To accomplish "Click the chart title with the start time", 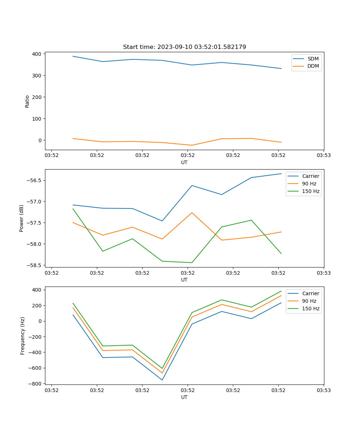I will [x=184, y=47].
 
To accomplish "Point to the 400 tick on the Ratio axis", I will [x=38, y=54].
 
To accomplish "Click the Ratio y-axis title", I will [x=27, y=101].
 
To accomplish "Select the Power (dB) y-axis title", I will [x=22, y=218].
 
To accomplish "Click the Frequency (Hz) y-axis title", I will [x=23, y=336].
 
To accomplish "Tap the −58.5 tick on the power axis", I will [x=35, y=265].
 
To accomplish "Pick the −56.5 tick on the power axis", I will [x=35, y=180].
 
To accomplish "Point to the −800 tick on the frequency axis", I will [x=36, y=384].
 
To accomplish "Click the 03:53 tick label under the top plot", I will [x=324, y=156].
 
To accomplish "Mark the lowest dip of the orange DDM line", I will [x=192, y=145].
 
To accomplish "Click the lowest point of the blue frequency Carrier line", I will [x=162, y=380].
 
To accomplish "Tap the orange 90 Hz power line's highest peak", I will [x=192, y=213].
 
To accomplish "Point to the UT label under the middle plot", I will [x=184, y=280].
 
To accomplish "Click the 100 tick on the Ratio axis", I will [x=38, y=119].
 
